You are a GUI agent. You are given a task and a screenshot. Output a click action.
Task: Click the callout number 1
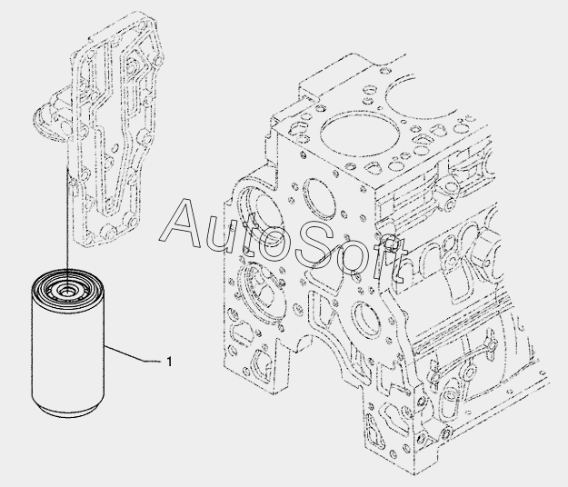point(169,362)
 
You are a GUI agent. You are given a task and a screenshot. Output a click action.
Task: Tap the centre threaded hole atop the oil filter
point(66,290)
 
